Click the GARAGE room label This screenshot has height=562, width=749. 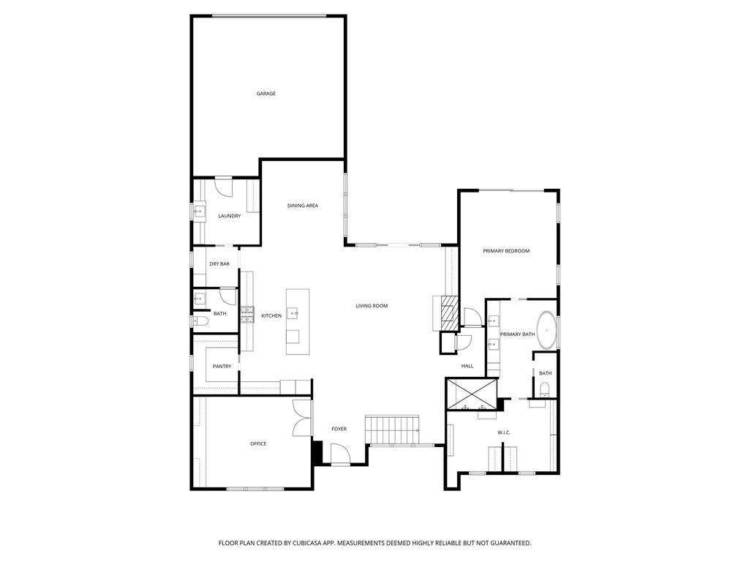coord(266,94)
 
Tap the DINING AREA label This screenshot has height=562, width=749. coord(302,206)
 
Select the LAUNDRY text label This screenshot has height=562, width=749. coord(229,216)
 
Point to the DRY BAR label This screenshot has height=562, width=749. coord(219,263)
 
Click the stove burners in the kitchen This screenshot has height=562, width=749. coord(247,315)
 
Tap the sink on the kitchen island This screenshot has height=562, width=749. coord(294,313)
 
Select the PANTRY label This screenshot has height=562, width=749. coord(222,367)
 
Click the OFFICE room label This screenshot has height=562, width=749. coord(258,443)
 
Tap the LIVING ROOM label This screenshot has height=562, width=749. coord(372,306)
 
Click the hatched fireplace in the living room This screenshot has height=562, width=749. coord(448,313)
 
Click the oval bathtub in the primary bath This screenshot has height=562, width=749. coord(546,330)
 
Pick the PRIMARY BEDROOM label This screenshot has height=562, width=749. coord(506,251)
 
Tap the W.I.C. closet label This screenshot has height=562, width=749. coord(504,432)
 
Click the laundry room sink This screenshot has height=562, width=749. coord(198,212)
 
